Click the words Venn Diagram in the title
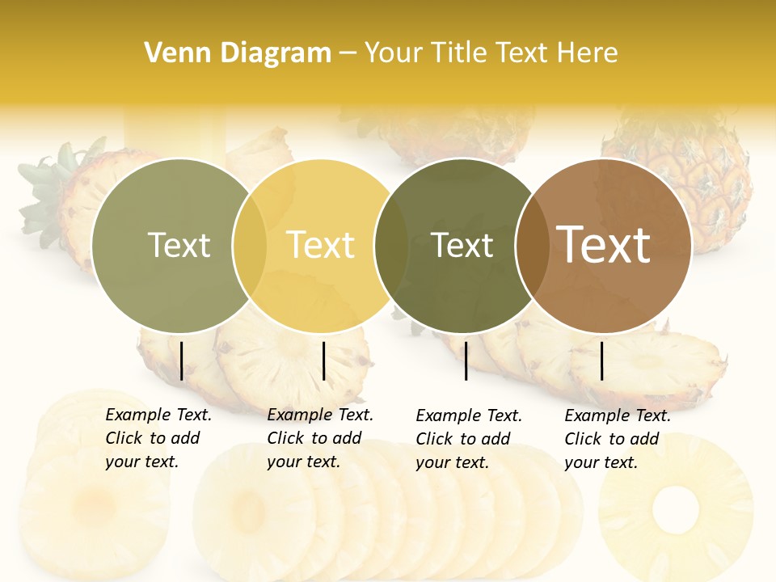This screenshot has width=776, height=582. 238,53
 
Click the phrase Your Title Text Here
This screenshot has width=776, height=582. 491,53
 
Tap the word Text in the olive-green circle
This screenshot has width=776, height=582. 179,245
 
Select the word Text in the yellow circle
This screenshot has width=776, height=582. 320,245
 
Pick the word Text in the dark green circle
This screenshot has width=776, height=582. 462,245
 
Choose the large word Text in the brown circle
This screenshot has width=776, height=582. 604,245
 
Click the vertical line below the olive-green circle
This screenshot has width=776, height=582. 182,361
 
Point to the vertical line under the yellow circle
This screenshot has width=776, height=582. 323,361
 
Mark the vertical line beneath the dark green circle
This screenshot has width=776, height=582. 466,361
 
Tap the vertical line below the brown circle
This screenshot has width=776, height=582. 602,361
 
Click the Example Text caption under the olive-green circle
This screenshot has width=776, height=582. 158,438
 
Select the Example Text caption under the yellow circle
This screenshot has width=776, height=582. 319,438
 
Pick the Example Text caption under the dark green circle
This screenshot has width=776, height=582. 469,439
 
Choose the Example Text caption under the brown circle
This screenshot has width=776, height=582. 617,439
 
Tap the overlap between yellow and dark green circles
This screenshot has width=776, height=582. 391,246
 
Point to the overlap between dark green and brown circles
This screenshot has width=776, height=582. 532,246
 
